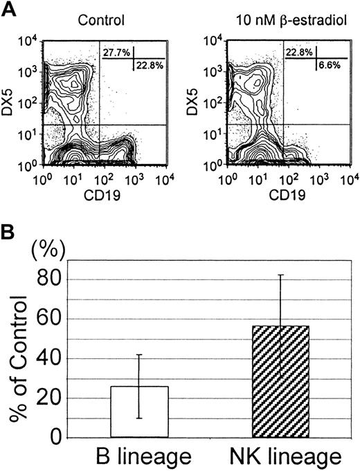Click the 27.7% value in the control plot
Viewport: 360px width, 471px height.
pos(116,53)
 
